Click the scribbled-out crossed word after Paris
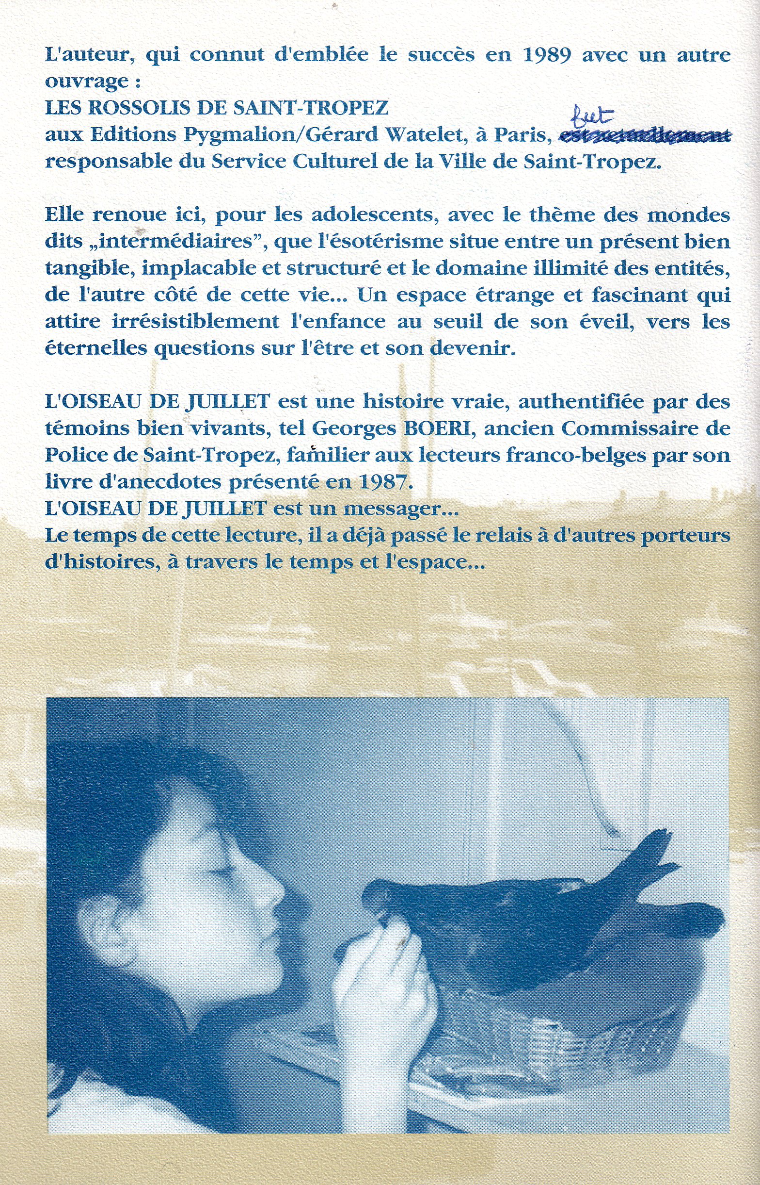(x=644, y=135)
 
